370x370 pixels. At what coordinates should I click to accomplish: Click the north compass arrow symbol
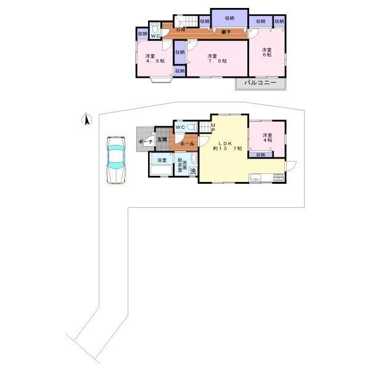click(x=87, y=120)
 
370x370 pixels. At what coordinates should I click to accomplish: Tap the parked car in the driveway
click(x=115, y=160)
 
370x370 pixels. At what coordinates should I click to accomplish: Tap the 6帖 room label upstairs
click(x=266, y=54)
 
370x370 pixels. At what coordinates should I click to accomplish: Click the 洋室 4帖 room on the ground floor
click(x=266, y=139)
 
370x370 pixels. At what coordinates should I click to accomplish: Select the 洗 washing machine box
click(x=193, y=171)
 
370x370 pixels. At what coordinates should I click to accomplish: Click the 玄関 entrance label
click(x=162, y=139)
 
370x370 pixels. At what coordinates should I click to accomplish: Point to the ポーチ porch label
click(x=146, y=142)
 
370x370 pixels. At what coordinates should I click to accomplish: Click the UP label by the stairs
click(x=213, y=128)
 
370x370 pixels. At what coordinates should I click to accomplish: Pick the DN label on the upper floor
click(x=181, y=30)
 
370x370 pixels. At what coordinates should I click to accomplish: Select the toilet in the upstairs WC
click(x=156, y=28)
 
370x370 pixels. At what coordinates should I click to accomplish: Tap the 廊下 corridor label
click(x=226, y=31)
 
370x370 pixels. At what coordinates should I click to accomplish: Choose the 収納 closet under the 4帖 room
click(x=260, y=155)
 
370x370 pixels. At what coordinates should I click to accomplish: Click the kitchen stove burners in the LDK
click(x=279, y=178)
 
